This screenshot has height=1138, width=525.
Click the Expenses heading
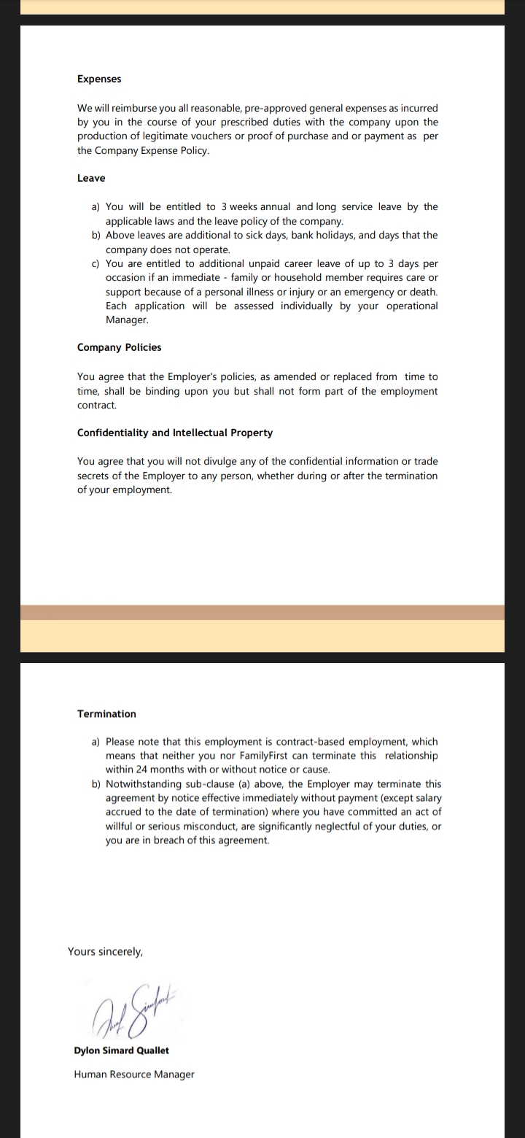[99, 79]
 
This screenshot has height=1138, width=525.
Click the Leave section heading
[91, 178]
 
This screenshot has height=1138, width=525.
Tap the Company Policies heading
[119, 347]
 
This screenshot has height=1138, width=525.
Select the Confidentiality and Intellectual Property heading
[175, 433]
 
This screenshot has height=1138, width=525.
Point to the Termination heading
[106, 713]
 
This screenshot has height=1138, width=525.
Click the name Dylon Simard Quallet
[121, 1050]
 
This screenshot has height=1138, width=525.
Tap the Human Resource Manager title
[134, 1074]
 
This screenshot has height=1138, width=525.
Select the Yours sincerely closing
[105, 951]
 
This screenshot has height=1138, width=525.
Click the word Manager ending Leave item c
[126, 320]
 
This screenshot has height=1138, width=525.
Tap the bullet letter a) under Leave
[96, 207]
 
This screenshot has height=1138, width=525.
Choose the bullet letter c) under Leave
[96, 263]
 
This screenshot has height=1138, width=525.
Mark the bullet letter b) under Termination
[96, 784]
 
